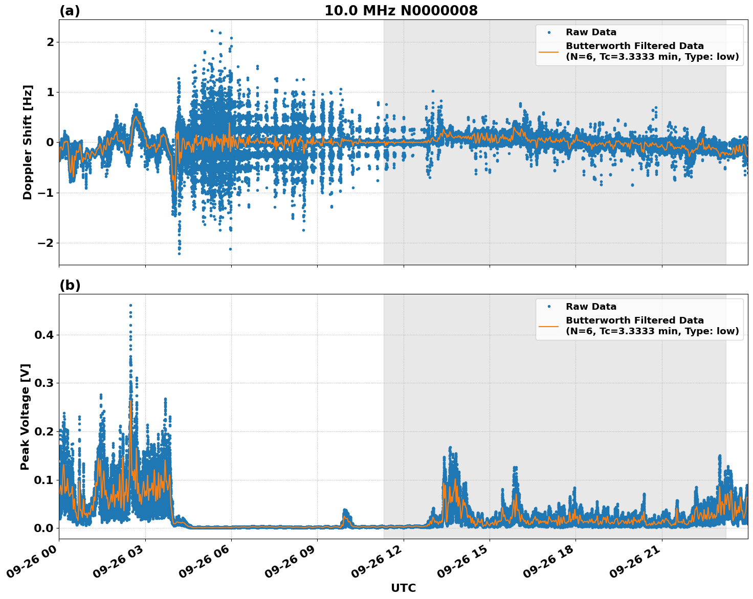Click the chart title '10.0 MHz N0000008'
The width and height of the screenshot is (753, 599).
pyautogui.click(x=401, y=11)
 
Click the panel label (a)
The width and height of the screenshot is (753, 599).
pyautogui.click(x=70, y=11)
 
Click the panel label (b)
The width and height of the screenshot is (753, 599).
pyautogui.click(x=70, y=285)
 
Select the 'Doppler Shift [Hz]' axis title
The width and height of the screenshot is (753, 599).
pyautogui.click(x=28, y=142)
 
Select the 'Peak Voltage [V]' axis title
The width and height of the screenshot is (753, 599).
pyautogui.click(x=25, y=417)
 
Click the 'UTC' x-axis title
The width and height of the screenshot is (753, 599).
pyautogui.click(x=403, y=588)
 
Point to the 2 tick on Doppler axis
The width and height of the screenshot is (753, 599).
pyautogui.click(x=50, y=42)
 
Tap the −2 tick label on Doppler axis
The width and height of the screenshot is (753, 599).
pyautogui.click(x=46, y=243)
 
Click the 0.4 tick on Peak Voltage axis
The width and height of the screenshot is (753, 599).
pyautogui.click(x=44, y=335)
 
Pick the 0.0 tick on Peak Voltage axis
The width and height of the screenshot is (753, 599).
pyautogui.click(x=44, y=528)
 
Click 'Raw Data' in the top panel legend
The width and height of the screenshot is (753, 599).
pyautogui.click(x=591, y=32)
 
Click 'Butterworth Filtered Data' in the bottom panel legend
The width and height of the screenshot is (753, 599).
pyautogui.click(x=634, y=320)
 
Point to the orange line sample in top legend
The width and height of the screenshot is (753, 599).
pyautogui.click(x=549, y=51)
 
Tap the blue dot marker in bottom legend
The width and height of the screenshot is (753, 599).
pyautogui.click(x=549, y=307)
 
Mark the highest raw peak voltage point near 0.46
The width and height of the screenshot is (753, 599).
pyautogui.click(x=130, y=306)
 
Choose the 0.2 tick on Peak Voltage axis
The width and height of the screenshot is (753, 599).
pyautogui.click(x=44, y=431)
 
